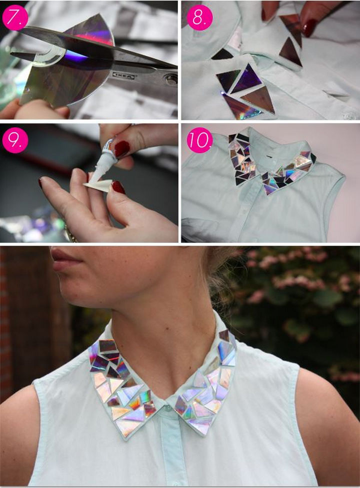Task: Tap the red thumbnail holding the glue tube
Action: click(x=121, y=148)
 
